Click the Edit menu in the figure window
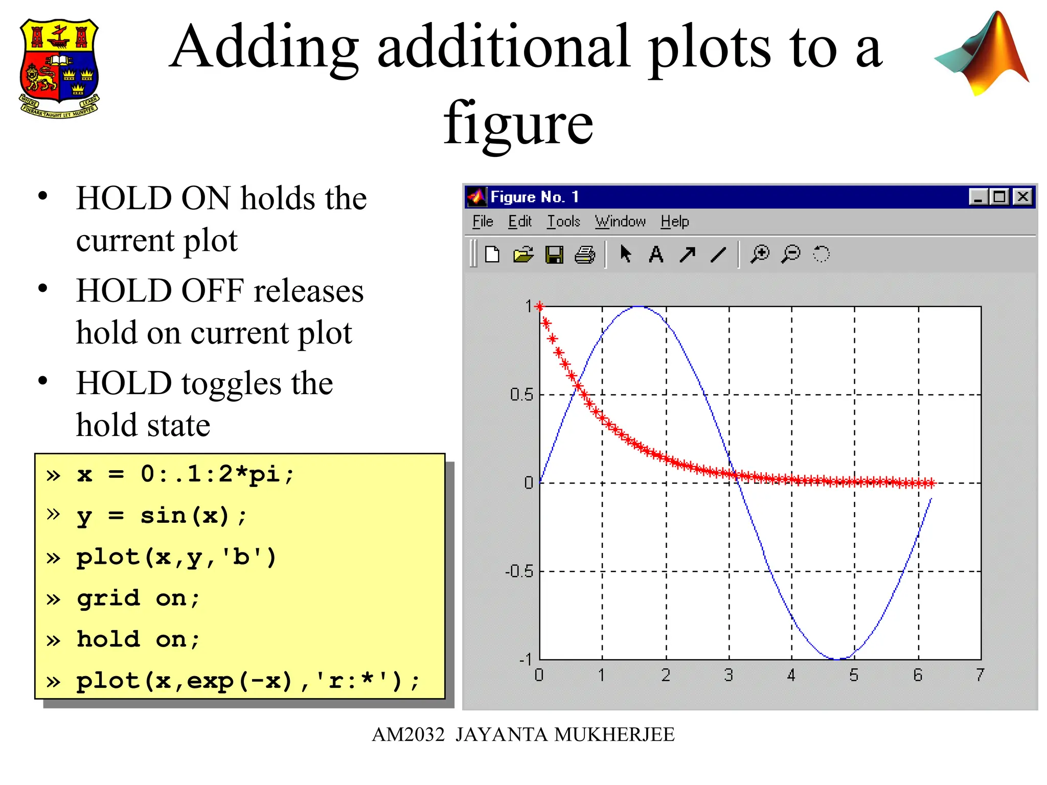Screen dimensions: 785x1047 pyautogui.click(x=519, y=221)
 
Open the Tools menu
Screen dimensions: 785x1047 pyautogui.click(x=563, y=221)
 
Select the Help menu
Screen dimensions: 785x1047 pyautogui.click(x=674, y=221)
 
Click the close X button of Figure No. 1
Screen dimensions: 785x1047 pyautogui.click(x=1023, y=197)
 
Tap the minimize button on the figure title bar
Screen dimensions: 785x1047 pyautogui.click(x=977, y=197)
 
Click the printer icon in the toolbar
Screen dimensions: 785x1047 pyautogui.click(x=585, y=254)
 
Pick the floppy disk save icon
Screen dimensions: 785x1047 pyautogui.click(x=554, y=254)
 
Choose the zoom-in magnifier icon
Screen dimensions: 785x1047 pyautogui.click(x=760, y=253)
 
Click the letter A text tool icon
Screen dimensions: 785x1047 pyautogui.click(x=656, y=254)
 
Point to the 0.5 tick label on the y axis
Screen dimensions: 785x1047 pyautogui.click(x=521, y=395)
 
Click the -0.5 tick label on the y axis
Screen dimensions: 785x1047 pyautogui.click(x=519, y=571)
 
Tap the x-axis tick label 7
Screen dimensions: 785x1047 pyautogui.click(x=980, y=675)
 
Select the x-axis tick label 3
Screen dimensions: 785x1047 pyautogui.click(x=729, y=675)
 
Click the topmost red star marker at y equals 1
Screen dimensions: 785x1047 pyautogui.click(x=539, y=307)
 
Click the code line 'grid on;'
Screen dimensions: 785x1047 pyautogui.click(x=138, y=598)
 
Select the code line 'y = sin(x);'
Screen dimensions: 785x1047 pyautogui.click(x=162, y=516)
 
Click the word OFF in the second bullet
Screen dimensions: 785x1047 pyautogui.click(x=212, y=291)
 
